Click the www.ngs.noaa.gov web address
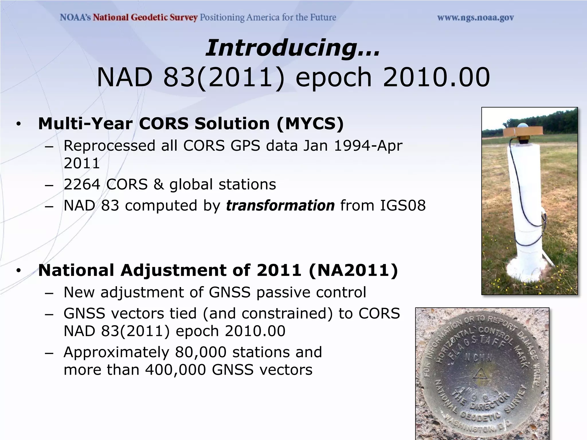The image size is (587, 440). [x=476, y=18]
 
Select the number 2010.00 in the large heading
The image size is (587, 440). [x=436, y=77]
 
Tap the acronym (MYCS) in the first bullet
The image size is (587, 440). [x=310, y=124]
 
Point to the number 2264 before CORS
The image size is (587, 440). [x=82, y=184]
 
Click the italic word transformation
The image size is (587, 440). [x=280, y=206]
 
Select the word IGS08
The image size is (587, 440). [x=403, y=206]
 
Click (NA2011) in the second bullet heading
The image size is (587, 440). [x=353, y=270]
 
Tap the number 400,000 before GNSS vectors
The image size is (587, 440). [x=175, y=370]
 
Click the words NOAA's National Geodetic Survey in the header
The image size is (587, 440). [x=129, y=18]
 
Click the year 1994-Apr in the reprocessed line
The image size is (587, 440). [x=368, y=146]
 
